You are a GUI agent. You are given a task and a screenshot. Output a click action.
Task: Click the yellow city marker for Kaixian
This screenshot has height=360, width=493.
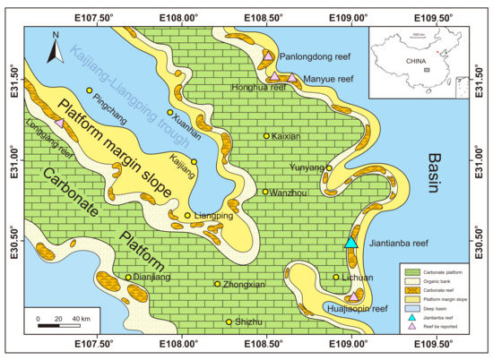266,136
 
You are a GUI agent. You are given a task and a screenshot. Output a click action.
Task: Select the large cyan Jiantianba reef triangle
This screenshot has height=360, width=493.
351,242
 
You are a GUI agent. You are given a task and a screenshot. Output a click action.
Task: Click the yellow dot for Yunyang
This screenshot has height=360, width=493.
329,167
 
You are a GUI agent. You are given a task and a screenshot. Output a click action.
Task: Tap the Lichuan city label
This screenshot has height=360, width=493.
358,278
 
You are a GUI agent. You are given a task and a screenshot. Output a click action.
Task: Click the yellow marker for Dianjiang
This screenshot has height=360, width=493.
128,278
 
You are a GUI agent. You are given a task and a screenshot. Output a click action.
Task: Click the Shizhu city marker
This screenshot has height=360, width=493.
229,321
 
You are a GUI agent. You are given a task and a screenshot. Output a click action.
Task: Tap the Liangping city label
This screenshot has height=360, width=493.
212,216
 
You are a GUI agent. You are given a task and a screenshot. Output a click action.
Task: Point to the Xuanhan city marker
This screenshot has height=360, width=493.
170,113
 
